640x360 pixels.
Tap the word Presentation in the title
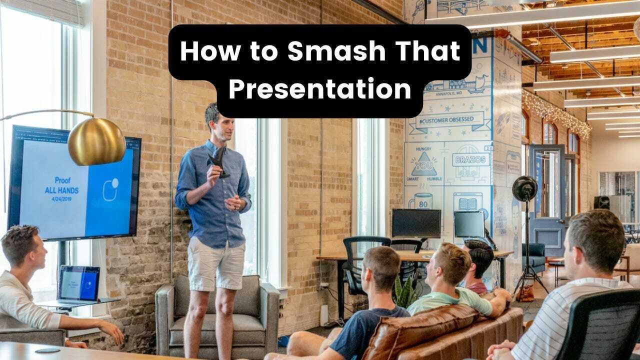320,89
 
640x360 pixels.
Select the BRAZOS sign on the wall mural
470,159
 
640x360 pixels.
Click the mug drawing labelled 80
421,201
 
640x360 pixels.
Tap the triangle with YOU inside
423,165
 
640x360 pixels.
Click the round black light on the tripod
524,189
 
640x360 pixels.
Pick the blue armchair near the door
533,257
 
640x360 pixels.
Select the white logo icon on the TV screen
110,189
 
